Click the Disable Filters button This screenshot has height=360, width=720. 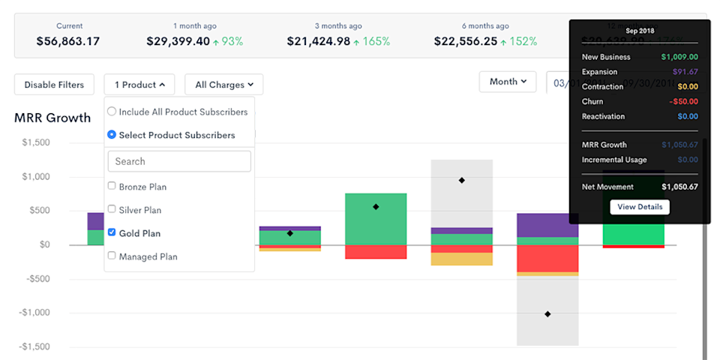(x=54, y=85)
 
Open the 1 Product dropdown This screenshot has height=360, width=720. (x=139, y=85)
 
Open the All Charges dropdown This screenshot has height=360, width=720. (x=223, y=85)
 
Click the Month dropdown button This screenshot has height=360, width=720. (x=507, y=82)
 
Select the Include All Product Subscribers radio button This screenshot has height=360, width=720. (x=112, y=112)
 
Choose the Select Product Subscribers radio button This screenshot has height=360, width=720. (x=112, y=135)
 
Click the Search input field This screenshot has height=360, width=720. (x=179, y=161)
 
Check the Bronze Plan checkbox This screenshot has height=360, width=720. (x=112, y=186)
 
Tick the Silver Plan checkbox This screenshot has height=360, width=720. (x=112, y=209)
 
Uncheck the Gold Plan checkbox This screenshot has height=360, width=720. (x=112, y=232)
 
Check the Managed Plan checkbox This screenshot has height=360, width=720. (x=112, y=256)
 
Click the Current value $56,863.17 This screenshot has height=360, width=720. (x=67, y=41)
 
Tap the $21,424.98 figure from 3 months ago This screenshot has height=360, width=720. (x=319, y=41)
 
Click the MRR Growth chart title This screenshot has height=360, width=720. (x=52, y=118)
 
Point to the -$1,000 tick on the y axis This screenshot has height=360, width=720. (x=35, y=313)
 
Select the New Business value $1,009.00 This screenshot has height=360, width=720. (x=679, y=57)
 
